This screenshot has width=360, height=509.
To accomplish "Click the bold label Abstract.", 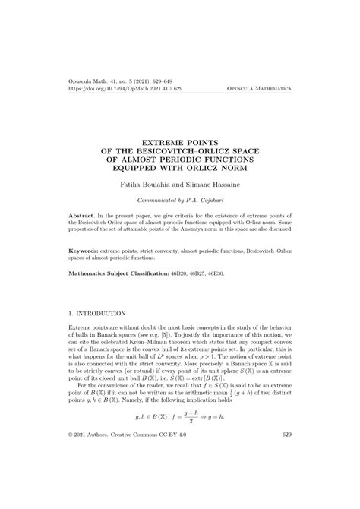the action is pyautogui.click(x=83, y=217).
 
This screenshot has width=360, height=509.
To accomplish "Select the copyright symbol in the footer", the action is pyautogui.click(x=71, y=478).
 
